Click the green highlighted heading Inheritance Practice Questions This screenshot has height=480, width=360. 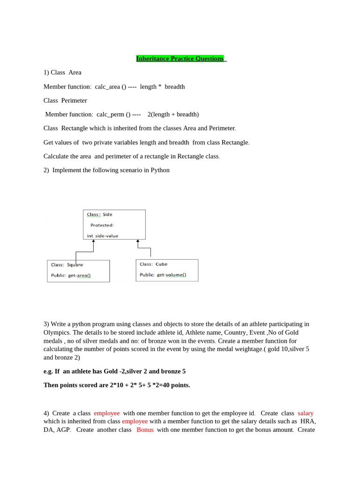pos(180,59)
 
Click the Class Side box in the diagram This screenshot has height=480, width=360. pos(114,225)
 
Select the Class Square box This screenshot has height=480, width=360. pos(78,271)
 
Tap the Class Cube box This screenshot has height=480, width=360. pos(167,270)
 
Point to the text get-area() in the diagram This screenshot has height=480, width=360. pos(79,276)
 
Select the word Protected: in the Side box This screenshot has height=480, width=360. pos(102,225)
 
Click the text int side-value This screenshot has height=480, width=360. pos(103,236)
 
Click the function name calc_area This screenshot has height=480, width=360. pos(107,87)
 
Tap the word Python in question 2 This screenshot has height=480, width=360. pos(160,170)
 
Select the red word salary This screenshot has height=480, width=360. pos(306,413)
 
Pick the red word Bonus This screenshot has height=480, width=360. pos(145,430)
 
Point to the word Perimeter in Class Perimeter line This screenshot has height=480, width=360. pos(74,100)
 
